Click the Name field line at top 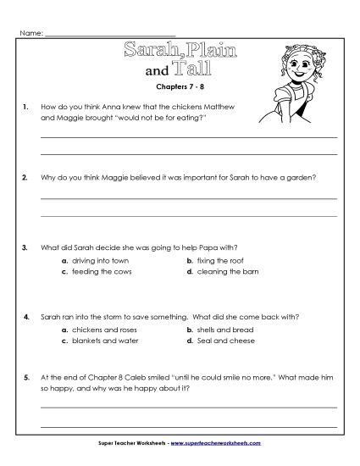click(x=110, y=34)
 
